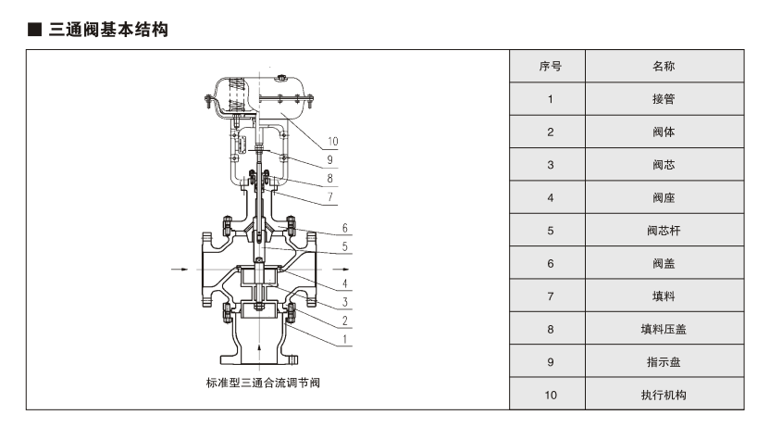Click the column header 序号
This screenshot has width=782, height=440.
[550, 67]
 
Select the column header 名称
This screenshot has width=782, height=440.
[664, 67]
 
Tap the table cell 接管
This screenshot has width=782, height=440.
[664, 99]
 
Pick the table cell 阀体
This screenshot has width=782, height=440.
[664, 132]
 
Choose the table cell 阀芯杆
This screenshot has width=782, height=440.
[664, 231]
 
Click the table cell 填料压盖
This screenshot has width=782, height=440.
[664, 329]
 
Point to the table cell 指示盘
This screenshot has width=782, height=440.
[664, 362]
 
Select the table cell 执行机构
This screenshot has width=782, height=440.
[664, 395]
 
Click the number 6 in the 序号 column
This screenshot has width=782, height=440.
[550, 264]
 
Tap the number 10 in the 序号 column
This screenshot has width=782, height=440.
[550, 395]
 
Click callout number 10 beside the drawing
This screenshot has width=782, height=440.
[332, 142]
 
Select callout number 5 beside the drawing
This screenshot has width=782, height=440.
[343, 246]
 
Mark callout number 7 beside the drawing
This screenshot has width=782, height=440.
[329, 196]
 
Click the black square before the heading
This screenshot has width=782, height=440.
[34, 31]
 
